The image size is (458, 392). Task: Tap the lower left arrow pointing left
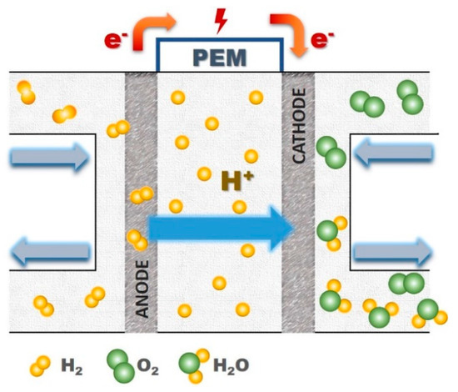[x=50, y=248]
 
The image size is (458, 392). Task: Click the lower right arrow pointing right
[x=392, y=248]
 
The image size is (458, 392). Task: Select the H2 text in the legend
[x=71, y=364]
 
